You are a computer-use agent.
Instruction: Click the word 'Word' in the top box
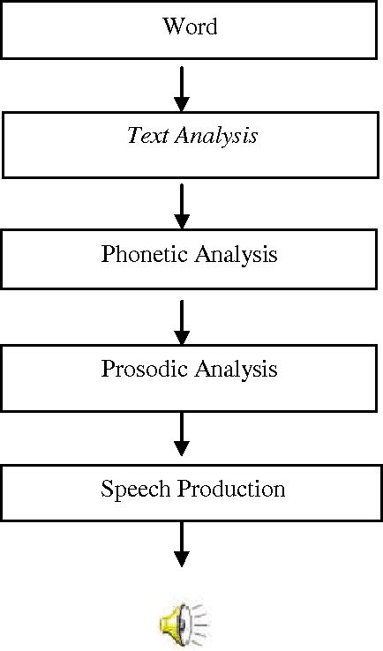click(x=190, y=26)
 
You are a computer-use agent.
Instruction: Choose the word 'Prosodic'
click(x=141, y=369)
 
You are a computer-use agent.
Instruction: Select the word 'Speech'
click(x=131, y=489)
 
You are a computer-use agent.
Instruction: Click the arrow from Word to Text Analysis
click(x=182, y=85)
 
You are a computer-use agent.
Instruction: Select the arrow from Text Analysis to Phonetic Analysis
click(x=182, y=205)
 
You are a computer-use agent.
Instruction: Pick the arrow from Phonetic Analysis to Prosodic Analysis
click(x=182, y=321)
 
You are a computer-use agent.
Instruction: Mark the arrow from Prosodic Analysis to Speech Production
click(x=182, y=436)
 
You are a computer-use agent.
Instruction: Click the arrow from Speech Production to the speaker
click(x=182, y=543)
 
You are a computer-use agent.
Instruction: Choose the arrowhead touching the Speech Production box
click(x=182, y=451)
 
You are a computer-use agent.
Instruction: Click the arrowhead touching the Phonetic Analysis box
click(x=182, y=220)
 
